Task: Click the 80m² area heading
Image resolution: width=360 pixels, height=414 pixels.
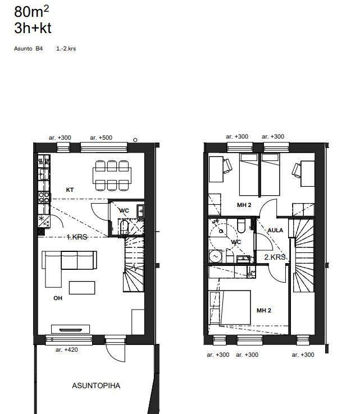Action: (31, 12)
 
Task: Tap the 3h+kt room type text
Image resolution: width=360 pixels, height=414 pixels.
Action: (33, 28)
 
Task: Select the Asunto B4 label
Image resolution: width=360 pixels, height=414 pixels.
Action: (28, 49)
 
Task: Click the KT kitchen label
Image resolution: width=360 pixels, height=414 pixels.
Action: (70, 190)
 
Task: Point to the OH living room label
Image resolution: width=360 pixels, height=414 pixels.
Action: (58, 298)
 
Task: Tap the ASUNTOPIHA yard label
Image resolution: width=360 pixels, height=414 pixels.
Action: (96, 386)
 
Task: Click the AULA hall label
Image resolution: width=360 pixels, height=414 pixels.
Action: (275, 230)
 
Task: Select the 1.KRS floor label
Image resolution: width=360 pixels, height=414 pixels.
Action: (76, 237)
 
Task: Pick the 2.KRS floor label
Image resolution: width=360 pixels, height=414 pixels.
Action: (275, 257)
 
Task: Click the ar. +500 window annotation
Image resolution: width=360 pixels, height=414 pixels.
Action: (101, 137)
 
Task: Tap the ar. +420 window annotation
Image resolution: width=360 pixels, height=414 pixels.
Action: (67, 350)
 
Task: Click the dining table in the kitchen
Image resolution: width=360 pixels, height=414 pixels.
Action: (112, 176)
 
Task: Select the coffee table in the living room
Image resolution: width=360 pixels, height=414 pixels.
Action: (82, 288)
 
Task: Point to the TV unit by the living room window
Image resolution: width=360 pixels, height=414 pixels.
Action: (70, 329)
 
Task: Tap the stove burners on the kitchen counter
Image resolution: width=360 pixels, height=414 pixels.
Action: (44, 197)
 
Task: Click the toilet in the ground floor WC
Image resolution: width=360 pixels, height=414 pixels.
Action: (124, 227)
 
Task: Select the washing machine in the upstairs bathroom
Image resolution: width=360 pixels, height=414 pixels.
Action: (216, 256)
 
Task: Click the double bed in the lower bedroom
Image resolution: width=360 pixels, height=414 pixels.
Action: (235, 307)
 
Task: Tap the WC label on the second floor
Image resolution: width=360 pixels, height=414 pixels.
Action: (236, 242)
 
